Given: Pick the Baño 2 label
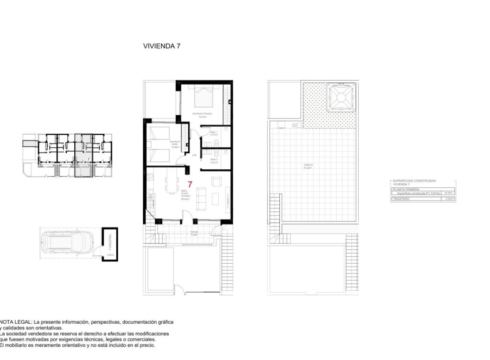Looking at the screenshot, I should [x=213, y=161].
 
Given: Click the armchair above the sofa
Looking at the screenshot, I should [x=216, y=182].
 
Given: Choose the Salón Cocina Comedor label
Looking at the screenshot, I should [x=185, y=197].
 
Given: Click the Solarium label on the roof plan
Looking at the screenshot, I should [x=309, y=166].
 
